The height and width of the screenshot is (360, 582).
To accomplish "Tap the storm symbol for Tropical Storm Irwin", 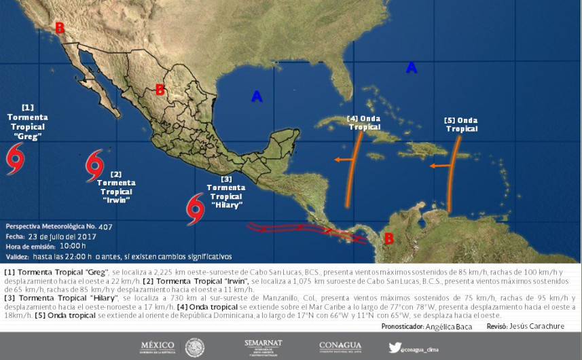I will (94, 166).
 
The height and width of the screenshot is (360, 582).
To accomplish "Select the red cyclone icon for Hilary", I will (196, 209).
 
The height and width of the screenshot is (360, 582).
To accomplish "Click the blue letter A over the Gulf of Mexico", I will (257, 96).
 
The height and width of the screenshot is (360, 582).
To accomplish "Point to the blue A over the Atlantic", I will (411, 67).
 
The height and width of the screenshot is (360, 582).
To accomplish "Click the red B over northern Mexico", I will (160, 90).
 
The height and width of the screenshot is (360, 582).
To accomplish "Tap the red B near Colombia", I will (389, 238).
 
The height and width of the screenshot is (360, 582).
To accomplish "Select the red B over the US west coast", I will (60, 28).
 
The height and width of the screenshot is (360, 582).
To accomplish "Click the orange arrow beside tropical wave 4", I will (344, 160).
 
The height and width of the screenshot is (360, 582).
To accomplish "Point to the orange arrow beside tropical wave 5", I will (441, 165).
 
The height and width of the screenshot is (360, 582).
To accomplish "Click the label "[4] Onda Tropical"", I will (363, 122).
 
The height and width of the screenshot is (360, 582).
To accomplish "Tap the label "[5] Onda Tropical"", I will (461, 124).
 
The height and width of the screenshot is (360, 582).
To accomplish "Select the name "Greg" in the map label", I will (28, 136).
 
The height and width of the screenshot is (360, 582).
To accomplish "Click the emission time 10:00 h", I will (72, 247).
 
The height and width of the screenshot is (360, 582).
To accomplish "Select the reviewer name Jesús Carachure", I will (539, 326).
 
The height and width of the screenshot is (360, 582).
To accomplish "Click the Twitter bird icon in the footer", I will (394, 347).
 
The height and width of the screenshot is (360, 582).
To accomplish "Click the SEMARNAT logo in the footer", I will (263, 347).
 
